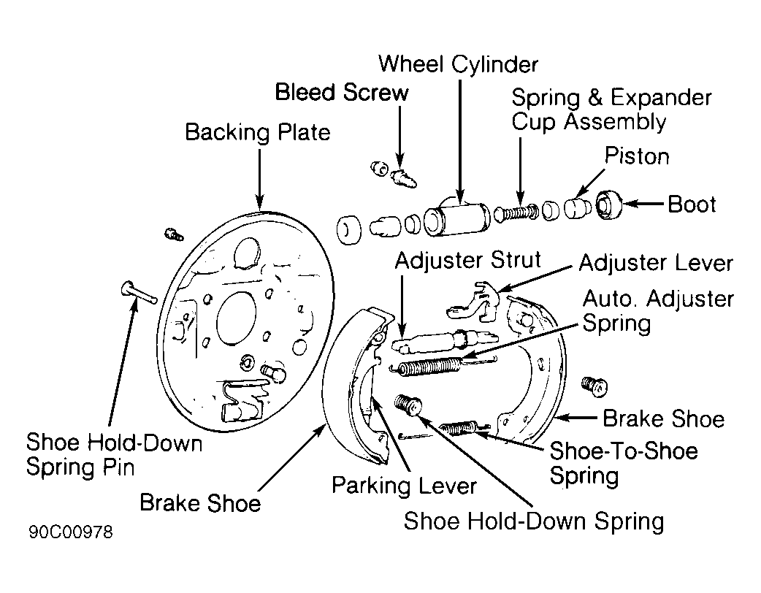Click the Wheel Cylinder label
click(x=458, y=64)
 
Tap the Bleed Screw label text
click(x=342, y=92)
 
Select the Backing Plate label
click(x=258, y=132)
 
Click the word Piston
click(x=637, y=156)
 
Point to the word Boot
click(x=692, y=204)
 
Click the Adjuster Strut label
click(x=468, y=261)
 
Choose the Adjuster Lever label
click(x=656, y=263)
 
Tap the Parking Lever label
click(x=404, y=486)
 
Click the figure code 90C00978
click(x=71, y=532)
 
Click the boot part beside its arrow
click(x=608, y=204)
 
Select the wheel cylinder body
click(x=457, y=218)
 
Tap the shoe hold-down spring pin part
click(x=138, y=293)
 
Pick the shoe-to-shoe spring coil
click(x=459, y=427)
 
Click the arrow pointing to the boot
click(x=643, y=204)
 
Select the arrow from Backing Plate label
click(x=260, y=179)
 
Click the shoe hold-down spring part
click(x=408, y=405)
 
